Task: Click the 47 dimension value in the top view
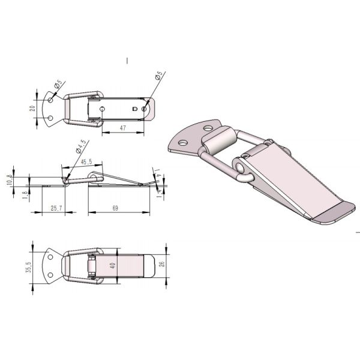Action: pyautogui.click(x=122, y=128)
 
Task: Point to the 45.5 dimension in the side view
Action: pyautogui.click(x=86, y=161)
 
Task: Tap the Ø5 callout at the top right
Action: pyautogui.click(x=158, y=76)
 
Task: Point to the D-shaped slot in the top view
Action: pyautogui.click(x=135, y=109)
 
